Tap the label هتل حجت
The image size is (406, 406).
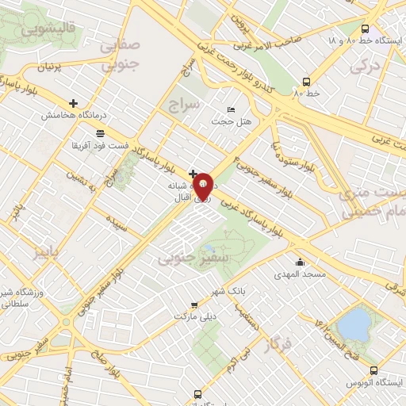231,121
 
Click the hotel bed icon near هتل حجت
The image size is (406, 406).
231,109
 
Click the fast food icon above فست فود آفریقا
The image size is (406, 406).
99,134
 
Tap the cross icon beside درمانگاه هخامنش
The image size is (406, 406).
74,103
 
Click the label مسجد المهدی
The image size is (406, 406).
300,274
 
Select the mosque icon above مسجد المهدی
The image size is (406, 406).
300,262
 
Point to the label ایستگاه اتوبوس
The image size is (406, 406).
378,383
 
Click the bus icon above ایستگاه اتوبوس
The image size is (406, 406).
374,370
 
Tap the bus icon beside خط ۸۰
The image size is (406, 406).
306,80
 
